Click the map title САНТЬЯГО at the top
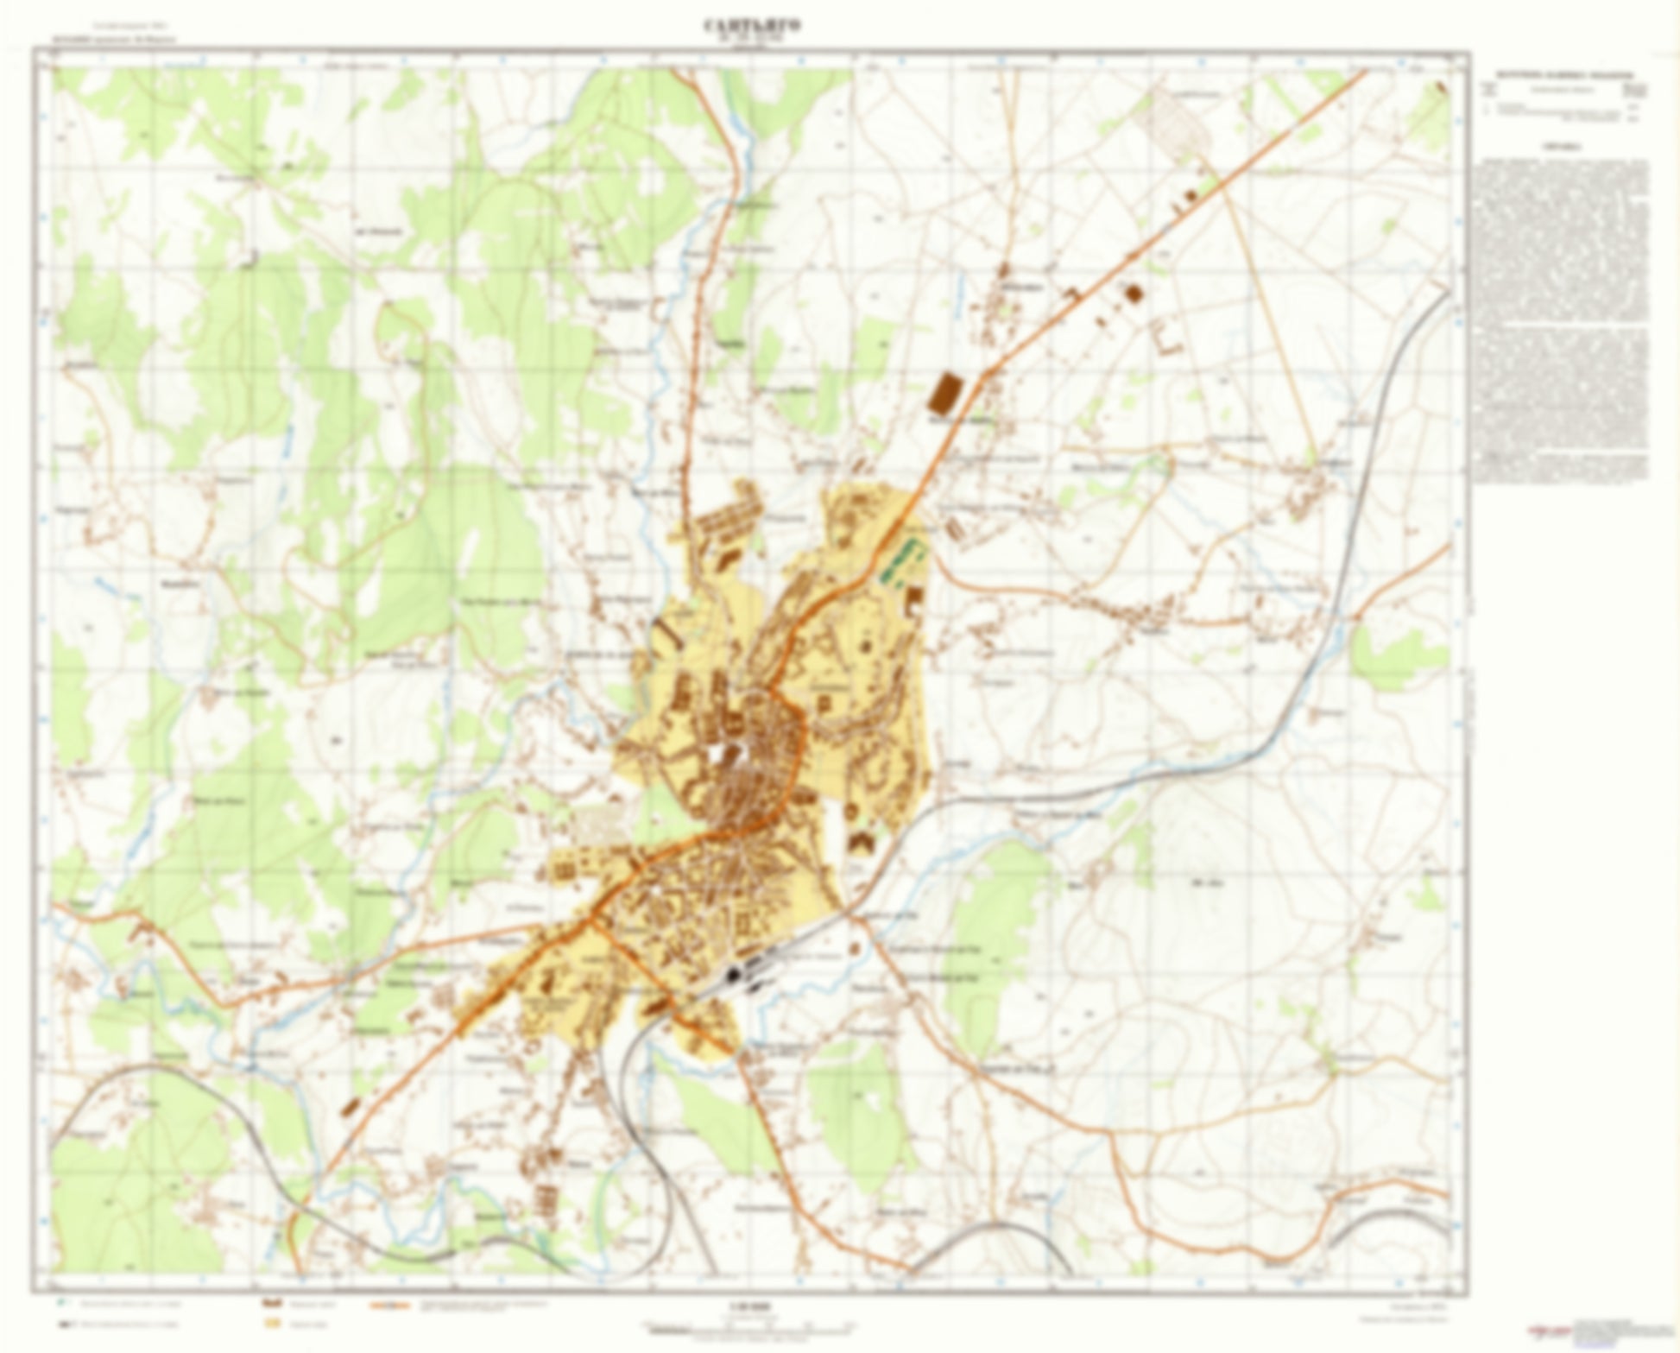coord(752,25)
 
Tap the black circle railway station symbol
coord(735,975)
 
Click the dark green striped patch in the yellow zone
coord(898,561)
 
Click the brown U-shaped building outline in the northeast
coord(1165,337)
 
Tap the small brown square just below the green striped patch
coord(913,598)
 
